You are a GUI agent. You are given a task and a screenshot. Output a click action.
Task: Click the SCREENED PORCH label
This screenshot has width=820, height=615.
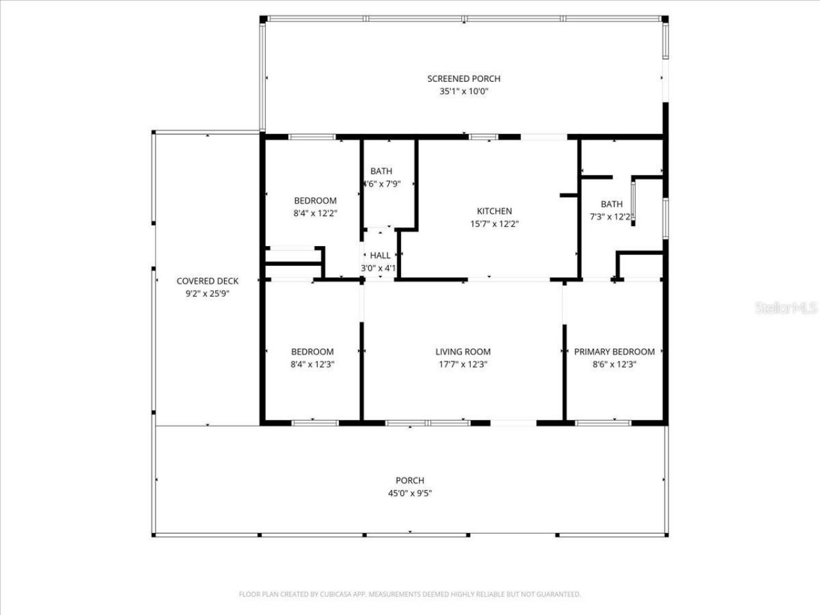pos(464,79)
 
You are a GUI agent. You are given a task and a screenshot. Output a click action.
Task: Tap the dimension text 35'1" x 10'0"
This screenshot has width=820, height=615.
pos(464,92)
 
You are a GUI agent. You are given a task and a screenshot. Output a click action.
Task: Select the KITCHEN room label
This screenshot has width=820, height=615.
pos(494,211)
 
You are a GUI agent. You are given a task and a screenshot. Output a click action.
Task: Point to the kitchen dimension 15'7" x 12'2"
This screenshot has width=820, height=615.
pos(494,224)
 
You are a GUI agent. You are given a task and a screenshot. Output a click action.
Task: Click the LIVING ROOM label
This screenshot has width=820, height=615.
pos(463,352)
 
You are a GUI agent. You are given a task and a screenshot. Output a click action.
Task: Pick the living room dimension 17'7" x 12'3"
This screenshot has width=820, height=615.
pos(463,365)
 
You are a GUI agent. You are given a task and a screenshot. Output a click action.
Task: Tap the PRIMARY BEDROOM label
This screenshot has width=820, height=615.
pos(614,352)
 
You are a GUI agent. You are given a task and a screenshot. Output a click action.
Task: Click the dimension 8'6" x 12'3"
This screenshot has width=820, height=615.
pos(614,365)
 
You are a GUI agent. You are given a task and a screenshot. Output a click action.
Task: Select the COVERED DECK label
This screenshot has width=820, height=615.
pos(207,281)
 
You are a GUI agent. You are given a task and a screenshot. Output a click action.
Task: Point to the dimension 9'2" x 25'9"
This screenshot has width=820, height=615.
pos(207,294)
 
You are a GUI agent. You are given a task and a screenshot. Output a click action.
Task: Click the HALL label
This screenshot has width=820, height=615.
pos(380,256)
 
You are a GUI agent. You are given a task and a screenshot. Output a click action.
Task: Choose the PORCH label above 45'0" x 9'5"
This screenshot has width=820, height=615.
pos(409,480)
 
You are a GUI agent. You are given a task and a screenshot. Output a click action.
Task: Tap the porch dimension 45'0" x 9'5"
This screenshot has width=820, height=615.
pos(409,493)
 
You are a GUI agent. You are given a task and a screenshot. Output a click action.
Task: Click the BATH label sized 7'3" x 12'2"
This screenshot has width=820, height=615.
pos(611,204)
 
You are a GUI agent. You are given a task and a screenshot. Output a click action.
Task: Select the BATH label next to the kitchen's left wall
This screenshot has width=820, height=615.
pos(381,171)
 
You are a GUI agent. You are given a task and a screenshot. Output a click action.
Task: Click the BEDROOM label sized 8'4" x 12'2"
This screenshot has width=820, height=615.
pos(315,201)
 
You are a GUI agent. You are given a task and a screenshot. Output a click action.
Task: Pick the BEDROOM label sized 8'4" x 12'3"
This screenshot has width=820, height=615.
pos(312,352)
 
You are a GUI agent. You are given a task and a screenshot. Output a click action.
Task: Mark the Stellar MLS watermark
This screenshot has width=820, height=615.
pos(786,308)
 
